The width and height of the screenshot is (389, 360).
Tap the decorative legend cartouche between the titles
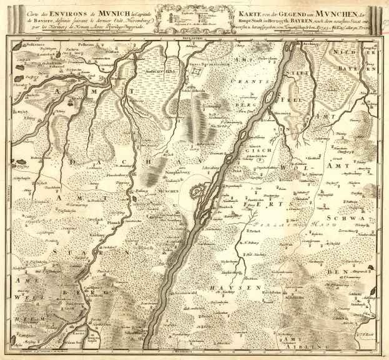[194, 16]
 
